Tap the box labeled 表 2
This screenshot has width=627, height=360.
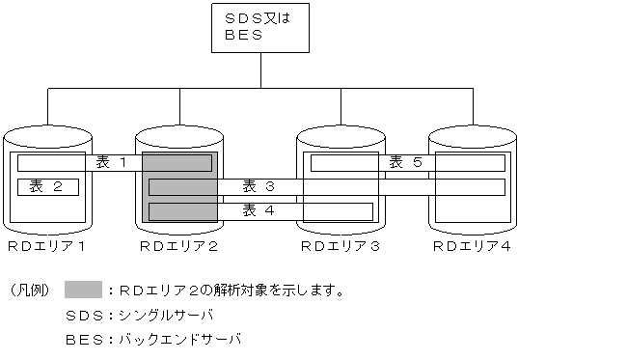(x=47, y=186)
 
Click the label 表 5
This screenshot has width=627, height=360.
(x=405, y=162)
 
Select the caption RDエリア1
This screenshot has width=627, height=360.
(x=46, y=247)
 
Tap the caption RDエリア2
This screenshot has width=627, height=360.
(x=179, y=247)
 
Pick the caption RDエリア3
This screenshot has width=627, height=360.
(x=340, y=247)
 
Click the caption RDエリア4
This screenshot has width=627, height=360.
(x=472, y=247)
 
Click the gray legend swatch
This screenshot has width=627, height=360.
(x=83, y=290)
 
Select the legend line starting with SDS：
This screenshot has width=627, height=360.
(x=138, y=315)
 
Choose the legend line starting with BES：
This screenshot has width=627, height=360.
(x=151, y=340)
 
